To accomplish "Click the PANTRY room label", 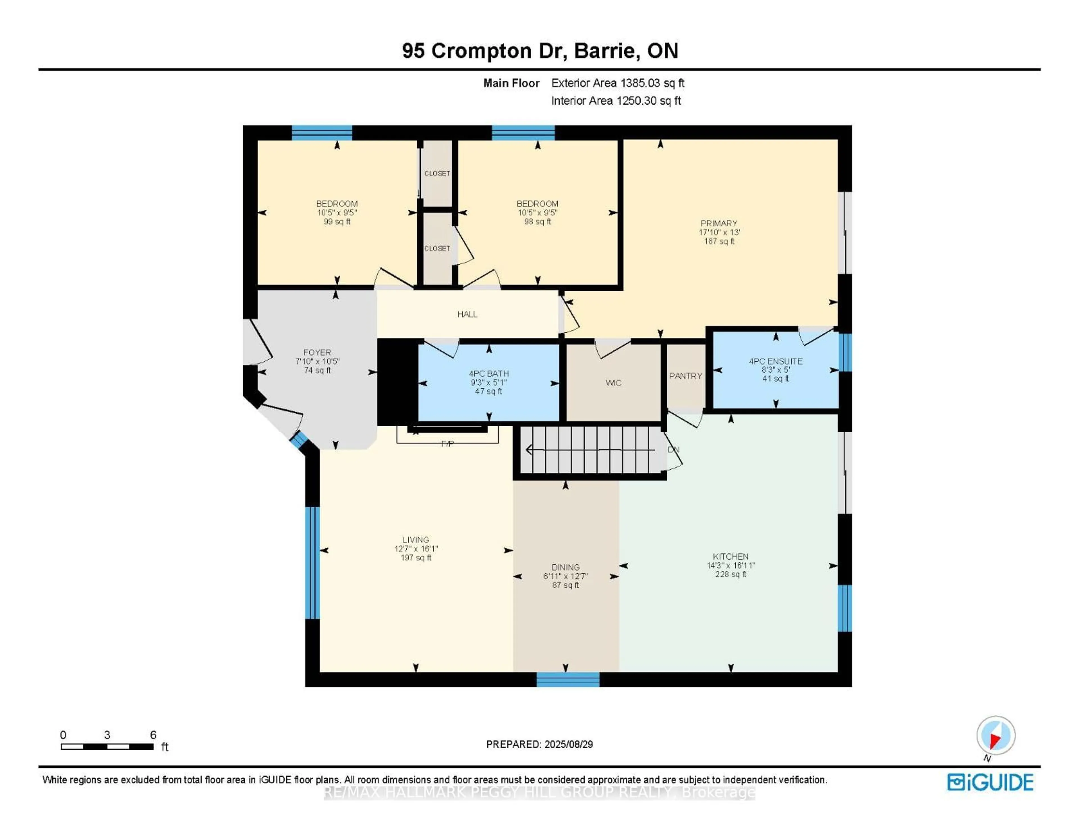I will coord(685,376).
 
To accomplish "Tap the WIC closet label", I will coord(613,383).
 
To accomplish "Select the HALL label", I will coord(467,314).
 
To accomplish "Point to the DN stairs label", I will coord(673,449).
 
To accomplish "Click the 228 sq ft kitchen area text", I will coord(730,574).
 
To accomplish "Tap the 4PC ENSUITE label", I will coord(775,361).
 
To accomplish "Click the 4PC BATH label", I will coord(489,373).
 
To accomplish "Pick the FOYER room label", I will coord(317,352).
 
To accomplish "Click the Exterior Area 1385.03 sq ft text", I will coord(618,83).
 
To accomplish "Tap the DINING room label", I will coord(565,567).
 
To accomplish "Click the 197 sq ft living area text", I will coord(416,558).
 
